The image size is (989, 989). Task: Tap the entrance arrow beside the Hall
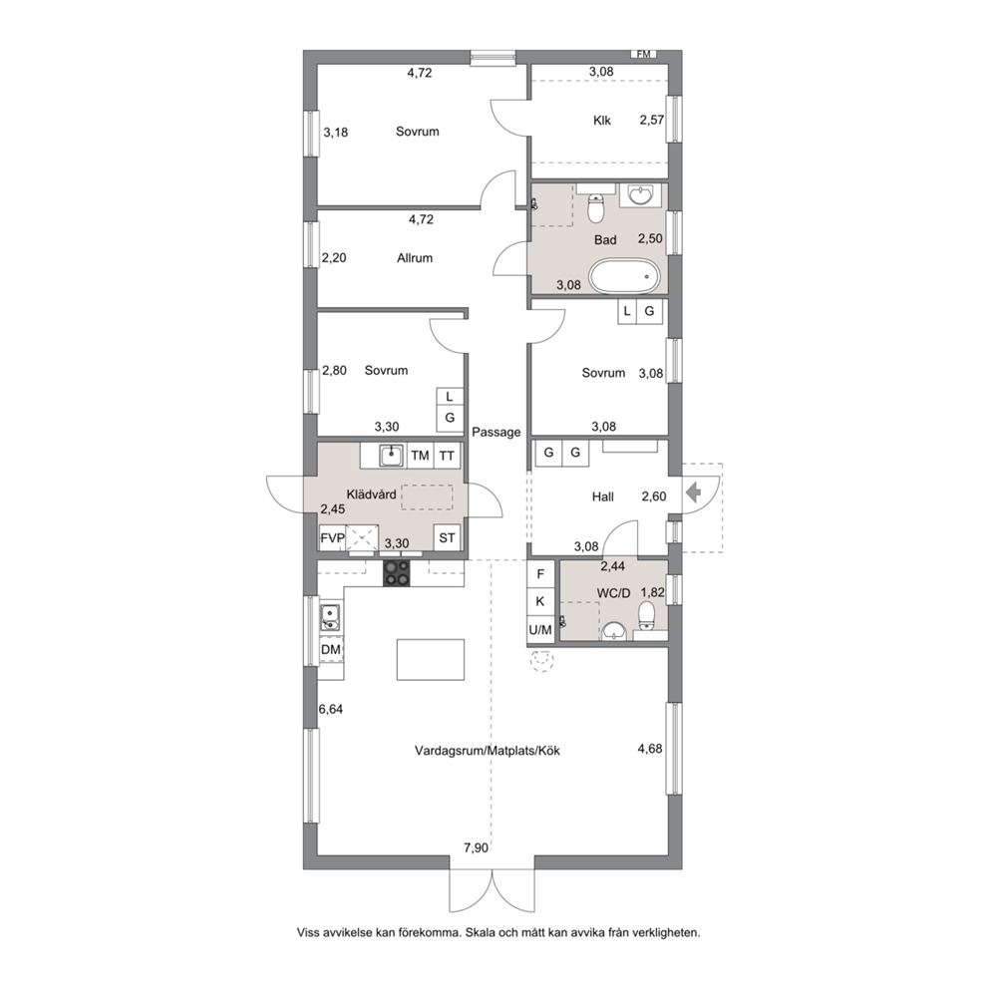tap(693, 492)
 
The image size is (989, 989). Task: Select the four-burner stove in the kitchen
tap(396, 573)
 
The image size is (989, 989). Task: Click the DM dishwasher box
tap(331, 650)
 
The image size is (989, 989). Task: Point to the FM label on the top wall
tap(643, 54)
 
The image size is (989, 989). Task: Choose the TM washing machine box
tap(420, 456)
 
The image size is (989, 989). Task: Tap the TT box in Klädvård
tap(447, 456)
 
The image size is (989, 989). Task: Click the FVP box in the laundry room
tap(332, 538)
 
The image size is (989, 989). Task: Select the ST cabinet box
tap(447, 538)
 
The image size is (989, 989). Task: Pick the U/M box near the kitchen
tap(540, 629)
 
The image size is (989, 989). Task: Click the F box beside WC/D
tap(540, 574)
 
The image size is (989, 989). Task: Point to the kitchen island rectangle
tap(430, 660)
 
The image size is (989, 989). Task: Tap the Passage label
tap(496, 432)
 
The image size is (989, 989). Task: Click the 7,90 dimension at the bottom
tap(477, 847)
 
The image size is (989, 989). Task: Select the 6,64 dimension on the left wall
tap(331, 709)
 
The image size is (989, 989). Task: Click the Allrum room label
tap(415, 257)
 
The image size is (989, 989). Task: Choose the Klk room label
tap(602, 120)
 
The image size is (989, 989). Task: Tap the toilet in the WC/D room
tap(647, 615)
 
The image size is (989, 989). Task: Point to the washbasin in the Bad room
tap(641, 194)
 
